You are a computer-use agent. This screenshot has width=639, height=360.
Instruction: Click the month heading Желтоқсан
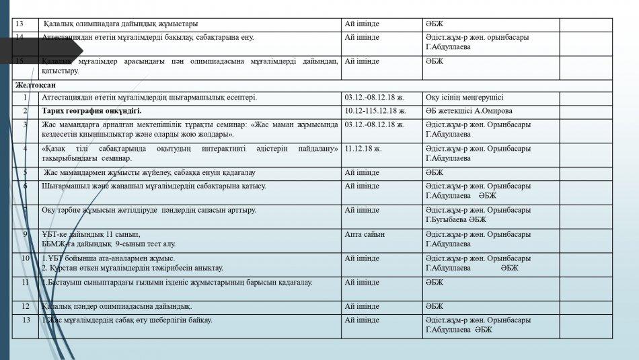(36, 85)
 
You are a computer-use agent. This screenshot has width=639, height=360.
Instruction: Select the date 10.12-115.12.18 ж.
(375, 110)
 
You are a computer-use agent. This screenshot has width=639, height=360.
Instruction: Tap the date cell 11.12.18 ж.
(363, 148)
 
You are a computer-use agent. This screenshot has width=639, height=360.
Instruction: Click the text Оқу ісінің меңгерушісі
(464, 98)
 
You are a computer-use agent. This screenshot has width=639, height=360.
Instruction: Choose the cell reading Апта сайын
(365, 234)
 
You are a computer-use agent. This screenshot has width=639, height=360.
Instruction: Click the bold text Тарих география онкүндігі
(91, 110)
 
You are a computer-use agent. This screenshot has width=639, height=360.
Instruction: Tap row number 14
(19, 37)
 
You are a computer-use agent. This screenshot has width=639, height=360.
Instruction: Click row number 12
(26, 306)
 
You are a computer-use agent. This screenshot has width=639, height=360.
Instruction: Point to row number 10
(26, 258)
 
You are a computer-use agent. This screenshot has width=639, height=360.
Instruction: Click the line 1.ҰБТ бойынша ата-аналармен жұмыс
(108, 258)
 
